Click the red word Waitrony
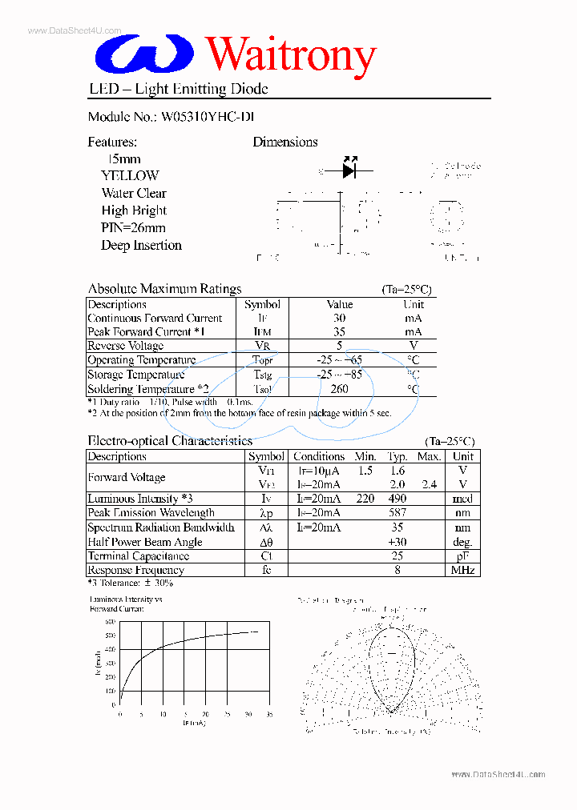click(291, 55)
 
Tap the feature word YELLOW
click(130, 175)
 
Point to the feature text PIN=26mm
click(133, 228)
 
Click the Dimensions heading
click(285, 142)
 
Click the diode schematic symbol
click(349, 170)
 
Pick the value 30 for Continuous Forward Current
click(340, 318)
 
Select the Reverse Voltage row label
click(126, 346)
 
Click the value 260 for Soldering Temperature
click(340, 389)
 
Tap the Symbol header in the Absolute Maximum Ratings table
click(262, 304)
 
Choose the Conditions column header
click(319, 456)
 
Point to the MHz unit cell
click(462, 571)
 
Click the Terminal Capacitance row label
click(139, 556)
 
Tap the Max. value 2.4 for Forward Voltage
click(430, 484)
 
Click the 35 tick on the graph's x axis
click(269, 714)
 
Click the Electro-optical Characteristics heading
click(170, 441)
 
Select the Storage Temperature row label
click(136, 375)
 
